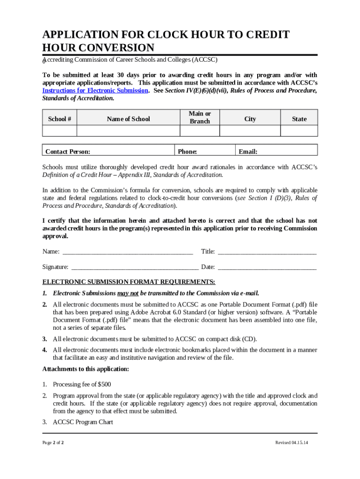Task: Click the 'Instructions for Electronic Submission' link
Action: (95, 91)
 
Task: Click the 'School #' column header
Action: (59, 119)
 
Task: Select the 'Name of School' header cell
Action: (128, 119)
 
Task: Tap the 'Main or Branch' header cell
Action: (200, 117)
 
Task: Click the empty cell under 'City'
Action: (250, 131)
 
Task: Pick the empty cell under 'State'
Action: (299, 131)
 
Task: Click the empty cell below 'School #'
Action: (59, 131)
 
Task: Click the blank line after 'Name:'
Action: (128, 252)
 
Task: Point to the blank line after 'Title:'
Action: (267, 252)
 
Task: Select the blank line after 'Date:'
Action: (267, 268)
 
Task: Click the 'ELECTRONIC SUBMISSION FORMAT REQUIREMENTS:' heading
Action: (129, 282)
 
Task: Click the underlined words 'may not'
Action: (128, 293)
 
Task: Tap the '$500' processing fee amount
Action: (104, 385)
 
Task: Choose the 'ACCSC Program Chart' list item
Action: (83, 422)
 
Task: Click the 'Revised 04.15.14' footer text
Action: (292, 443)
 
